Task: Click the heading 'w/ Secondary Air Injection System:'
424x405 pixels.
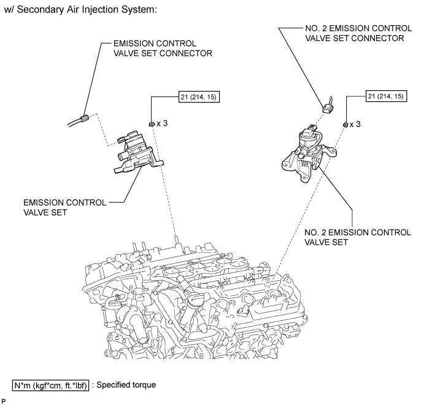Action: tap(80, 10)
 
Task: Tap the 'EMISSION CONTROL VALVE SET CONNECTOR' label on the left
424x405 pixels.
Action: tap(163, 48)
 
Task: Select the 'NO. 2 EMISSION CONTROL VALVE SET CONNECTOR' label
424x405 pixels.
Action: tap(358, 33)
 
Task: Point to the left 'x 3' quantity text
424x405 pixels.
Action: tap(162, 123)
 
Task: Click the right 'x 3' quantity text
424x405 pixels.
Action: tap(355, 124)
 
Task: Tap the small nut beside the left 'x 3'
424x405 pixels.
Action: tap(152, 124)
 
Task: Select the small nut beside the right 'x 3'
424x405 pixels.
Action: tap(345, 125)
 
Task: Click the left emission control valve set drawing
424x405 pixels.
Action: tap(139, 152)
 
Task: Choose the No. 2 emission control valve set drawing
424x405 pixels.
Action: tap(309, 153)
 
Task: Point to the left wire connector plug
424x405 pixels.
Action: tap(85, 118)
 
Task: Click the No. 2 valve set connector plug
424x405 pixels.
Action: tap(328, 109)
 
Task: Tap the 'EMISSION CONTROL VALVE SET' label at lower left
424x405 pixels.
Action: tap(64, 207)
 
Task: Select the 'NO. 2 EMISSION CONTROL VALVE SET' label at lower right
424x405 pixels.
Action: tap(358, 237)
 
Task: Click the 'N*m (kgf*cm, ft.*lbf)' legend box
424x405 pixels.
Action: tap(50, 385)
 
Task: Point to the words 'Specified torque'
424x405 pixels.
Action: tap(126, 385)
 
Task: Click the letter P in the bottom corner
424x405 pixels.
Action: tap(4, 401)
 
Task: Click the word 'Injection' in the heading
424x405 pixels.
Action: tap(96, 10)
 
